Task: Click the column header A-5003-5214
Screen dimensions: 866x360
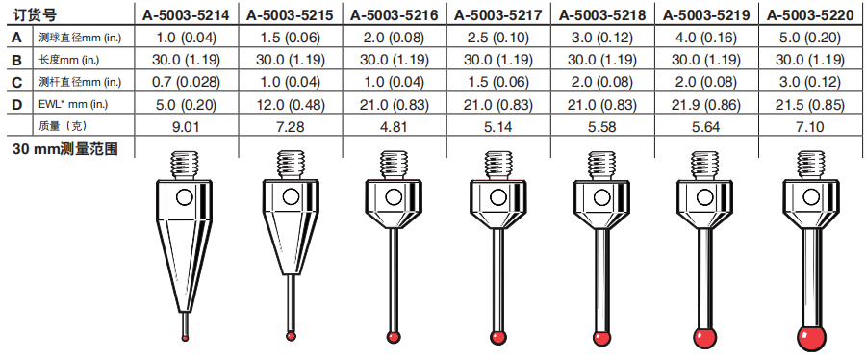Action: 186,14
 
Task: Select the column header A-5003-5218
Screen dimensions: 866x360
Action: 602,14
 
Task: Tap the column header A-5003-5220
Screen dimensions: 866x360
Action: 810,14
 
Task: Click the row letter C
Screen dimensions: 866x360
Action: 17,82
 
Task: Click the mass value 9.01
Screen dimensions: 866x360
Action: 186,127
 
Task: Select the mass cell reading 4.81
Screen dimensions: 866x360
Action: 394,127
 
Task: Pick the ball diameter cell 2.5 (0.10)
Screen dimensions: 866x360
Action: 497,39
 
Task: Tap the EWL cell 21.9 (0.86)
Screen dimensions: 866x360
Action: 706,105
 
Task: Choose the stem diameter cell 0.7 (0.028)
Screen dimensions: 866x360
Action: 186,82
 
